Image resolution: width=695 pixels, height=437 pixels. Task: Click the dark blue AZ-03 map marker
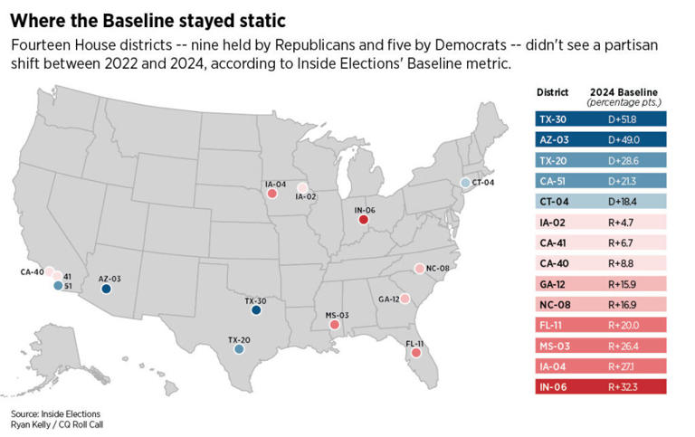pos(106,290)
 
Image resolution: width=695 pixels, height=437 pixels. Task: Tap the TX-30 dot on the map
pos(256,310)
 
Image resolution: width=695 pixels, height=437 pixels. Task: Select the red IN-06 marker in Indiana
pos(363,219)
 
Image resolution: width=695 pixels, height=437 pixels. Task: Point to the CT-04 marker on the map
pos(465,183)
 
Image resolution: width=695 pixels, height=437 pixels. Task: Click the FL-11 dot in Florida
pos(415,354)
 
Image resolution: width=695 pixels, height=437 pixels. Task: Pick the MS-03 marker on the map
pos(335,326)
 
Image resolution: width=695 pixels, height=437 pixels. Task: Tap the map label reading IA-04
pos(275,184)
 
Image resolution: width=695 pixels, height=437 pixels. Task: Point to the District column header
pos(552,92)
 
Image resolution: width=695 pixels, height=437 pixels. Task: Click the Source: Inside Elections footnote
pos(43,414)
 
